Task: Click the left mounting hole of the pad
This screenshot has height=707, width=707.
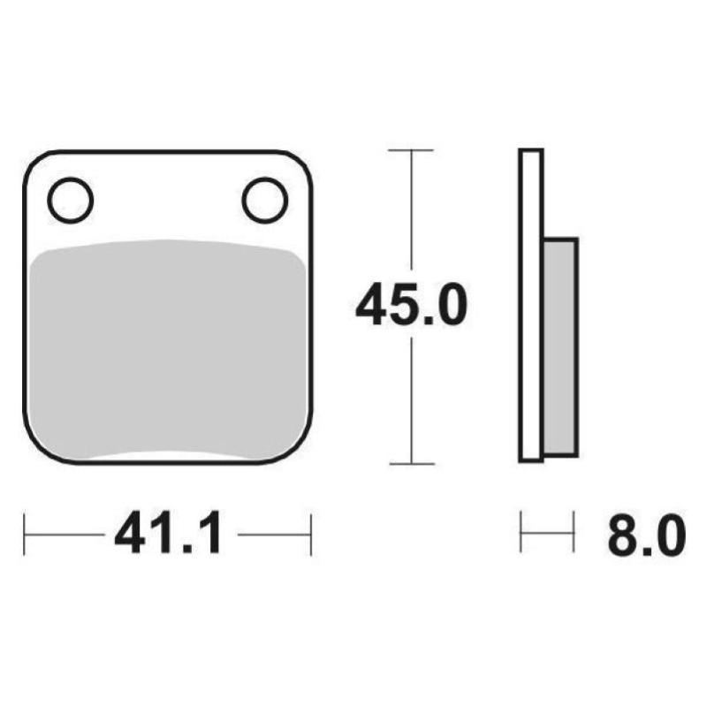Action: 70,201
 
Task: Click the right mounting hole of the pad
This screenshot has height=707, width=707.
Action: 264,201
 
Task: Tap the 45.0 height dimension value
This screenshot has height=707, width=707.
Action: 410,306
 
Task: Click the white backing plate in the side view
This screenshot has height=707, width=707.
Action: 530,305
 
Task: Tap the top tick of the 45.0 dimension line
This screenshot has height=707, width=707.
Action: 411,151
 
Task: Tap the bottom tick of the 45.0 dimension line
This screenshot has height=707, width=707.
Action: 411,463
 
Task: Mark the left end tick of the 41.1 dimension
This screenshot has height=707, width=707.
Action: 25,533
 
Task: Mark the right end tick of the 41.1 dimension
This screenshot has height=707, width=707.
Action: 311,533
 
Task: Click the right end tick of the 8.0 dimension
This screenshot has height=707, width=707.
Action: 575,532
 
